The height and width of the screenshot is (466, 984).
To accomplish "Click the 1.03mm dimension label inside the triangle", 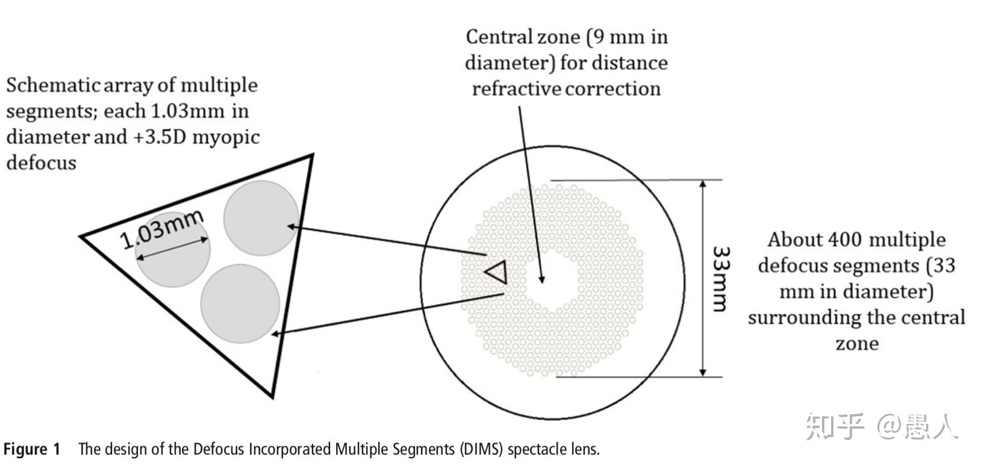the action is pyautogui.click(x=161, y=229).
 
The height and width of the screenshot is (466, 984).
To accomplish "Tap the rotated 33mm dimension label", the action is pyautogui.click(x=720, y=278).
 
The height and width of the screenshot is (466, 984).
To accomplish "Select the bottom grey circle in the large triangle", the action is pyautogui.click(x=240, y=303).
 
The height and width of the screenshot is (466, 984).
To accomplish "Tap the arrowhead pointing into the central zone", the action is pyautogui.click(x=541, y=278).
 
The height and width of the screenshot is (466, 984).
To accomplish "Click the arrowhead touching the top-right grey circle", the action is pyautogui.click(x=291, y=226).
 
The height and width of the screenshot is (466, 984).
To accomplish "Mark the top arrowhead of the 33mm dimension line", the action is pyautogui.click(x=703, y=184).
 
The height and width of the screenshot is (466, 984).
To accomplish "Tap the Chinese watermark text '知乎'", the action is pyautogui.click(x=835, y=425).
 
